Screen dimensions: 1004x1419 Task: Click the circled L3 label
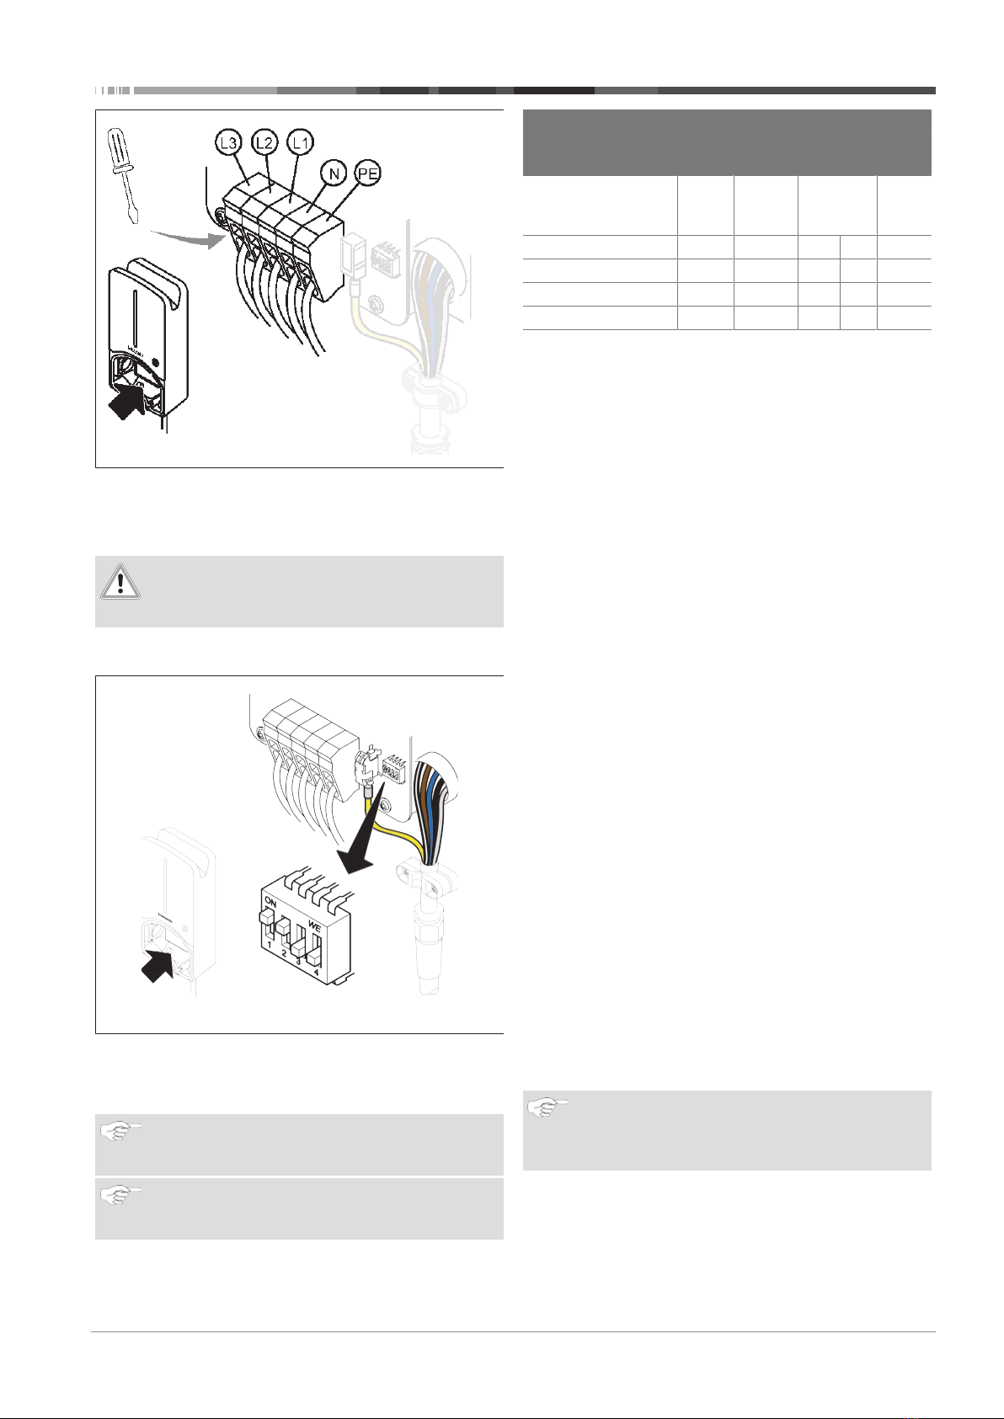228,143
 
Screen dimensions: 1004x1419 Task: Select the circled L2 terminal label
264,142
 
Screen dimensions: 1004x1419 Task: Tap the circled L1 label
300,142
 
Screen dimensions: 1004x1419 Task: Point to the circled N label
334,172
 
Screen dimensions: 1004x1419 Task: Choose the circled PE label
368,173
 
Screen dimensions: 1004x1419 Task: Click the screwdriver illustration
124,175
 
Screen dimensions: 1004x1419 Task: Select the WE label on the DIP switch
315,926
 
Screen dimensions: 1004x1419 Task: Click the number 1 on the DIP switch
270,945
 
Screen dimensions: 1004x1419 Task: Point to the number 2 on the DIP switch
285,952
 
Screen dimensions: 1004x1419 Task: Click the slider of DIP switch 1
267,919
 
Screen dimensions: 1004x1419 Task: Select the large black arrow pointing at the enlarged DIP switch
361,835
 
